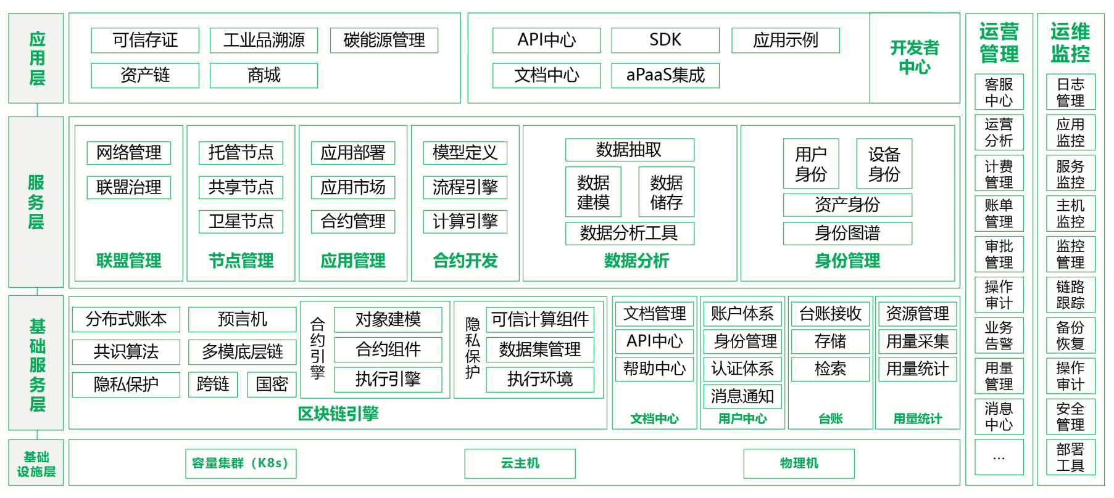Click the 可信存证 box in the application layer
145,41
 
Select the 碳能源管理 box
384,41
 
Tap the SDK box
665,41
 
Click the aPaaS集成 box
665,75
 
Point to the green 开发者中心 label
914,57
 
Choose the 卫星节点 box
241,221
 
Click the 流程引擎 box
465,187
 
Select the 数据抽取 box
629,150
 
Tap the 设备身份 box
884,164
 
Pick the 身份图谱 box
847,233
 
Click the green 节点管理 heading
241,261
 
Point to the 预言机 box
243,319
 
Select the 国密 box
272,385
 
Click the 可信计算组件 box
539,319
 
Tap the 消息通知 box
742,396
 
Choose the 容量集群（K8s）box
240,463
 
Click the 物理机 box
799,463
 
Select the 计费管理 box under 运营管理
999,174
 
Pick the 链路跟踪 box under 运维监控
1070,295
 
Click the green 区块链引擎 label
338,414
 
